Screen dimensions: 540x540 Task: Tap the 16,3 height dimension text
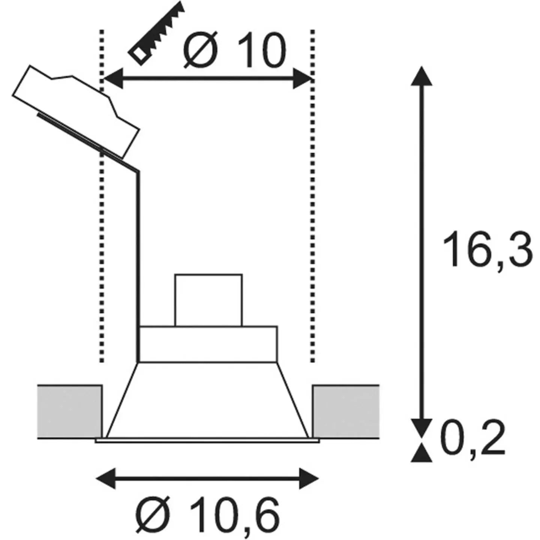point(487,249)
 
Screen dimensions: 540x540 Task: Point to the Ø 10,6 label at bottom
point(208,513)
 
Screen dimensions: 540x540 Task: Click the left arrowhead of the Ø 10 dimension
point(114,78)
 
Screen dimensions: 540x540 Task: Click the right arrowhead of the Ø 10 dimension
point(303,78)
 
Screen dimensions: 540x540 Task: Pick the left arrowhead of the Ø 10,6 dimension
point(106,478)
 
